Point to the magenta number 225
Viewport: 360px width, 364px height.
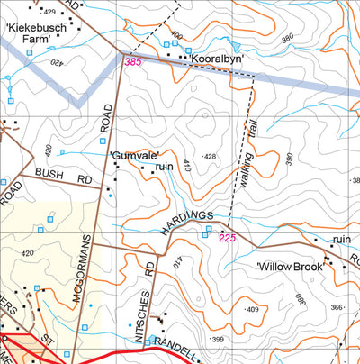point(226,238)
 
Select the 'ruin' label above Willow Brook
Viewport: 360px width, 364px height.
point(341,240)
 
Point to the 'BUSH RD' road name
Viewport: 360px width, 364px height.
point(63,176)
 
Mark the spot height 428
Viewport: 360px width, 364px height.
point(210,157)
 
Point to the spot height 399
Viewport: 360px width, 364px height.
point(218,339)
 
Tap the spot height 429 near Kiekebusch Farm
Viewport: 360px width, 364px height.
point(48,11)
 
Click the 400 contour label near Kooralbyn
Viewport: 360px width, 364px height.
point(175,36)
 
